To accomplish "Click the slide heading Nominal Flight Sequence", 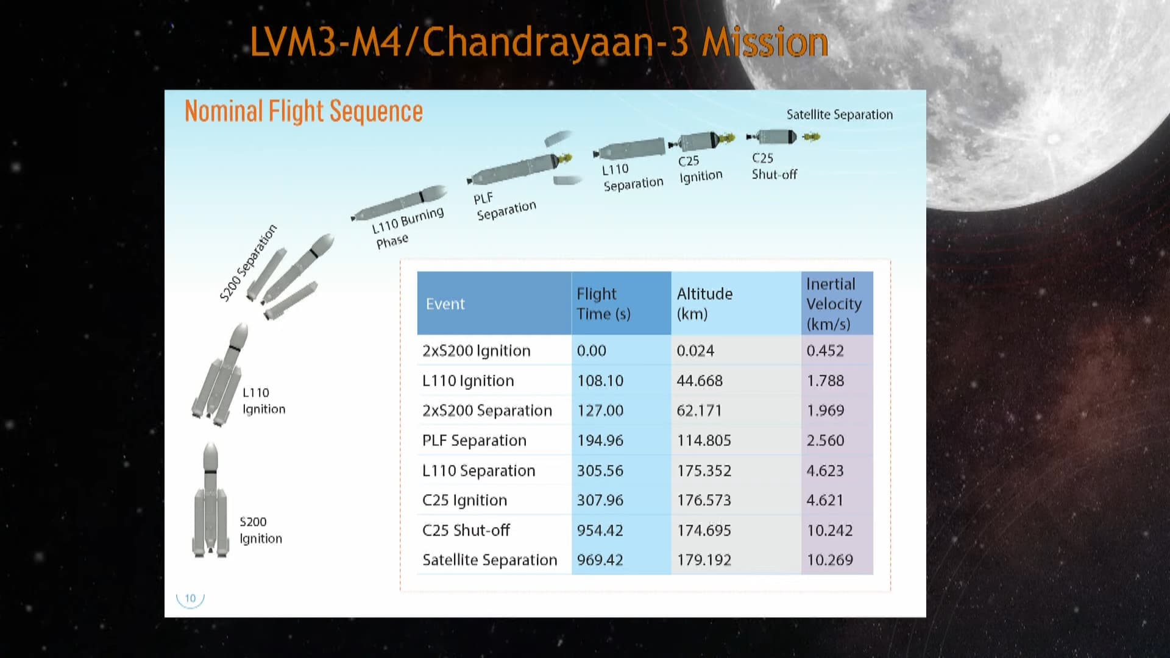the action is pyautogui.click(x=303, y=111).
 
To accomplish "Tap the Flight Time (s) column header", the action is pyautogui.click(x=603, y=303).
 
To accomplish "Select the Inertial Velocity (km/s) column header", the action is pyautogui.click(x=834, y=303).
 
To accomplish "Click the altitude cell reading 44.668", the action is pyautogui.click(x=700, y=381).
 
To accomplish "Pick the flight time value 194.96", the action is pyautogui.click(x=600, y=440).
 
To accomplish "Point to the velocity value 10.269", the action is pyautogui.click(x=829, y=560).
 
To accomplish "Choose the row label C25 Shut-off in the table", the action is pyautogui.click(x=466, y=530).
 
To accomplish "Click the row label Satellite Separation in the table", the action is pyautogui.click(x=490, y=560).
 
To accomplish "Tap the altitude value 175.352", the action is pyautogui.click(x=704, y=471).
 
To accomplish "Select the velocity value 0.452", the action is pyautogui.click(x=825, y=351).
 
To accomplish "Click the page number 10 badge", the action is pyautogui.click(x=190, y=598).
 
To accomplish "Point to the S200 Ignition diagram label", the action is pyautogui.click(x=261, y=530).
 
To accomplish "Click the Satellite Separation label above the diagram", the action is pyautogui.click(x=840, y=115).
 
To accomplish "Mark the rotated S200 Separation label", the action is pyautogui.click(x=248, y=263).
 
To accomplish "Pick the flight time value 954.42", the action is pyautogui.click(x=600, y=531).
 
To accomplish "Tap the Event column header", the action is pyautogui.click(x=445, y=304).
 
